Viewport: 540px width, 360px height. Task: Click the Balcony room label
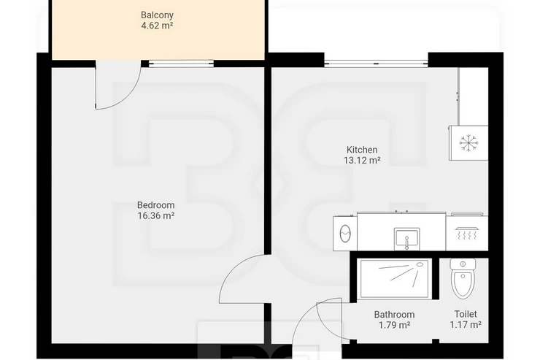click(157, 15)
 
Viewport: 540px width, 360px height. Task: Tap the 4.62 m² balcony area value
click(157, 25)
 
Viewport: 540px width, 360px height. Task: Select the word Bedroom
click(155, 205)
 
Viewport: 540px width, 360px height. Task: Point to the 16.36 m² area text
click(155, 215)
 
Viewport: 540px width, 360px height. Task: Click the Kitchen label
click(362, 150)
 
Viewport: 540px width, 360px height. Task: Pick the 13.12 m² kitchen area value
click(362, 160)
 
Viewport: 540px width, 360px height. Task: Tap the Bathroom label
click(394, 315)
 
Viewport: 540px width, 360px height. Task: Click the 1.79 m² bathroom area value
click(394, 325)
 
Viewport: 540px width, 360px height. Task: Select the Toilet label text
click(466, 314)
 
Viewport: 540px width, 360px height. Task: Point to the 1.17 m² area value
click(466, 324)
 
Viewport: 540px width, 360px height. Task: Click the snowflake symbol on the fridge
click(468, 142)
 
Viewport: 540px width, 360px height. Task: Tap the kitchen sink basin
click(406, 238)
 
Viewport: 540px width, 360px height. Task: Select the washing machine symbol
click(344, 233)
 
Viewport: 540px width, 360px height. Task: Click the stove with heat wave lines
click(466, 232)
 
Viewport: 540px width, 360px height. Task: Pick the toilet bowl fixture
click(463, 279)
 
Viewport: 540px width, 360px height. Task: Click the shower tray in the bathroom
click(394, 279)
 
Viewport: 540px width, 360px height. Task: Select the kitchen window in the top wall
click(376, 63)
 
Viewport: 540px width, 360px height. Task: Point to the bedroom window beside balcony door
click(181, 63)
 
